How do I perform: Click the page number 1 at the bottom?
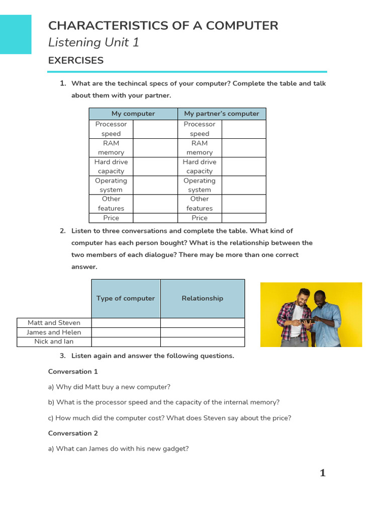click(x=323, y=473)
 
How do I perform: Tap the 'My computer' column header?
click(x=133, y=114)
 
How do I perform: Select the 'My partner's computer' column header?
click(x=222, y=114)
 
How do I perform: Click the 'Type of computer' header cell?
click(x=126, y=298)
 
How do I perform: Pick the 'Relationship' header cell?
click(x=202, y=298)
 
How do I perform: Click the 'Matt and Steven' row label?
click(x=54, y=323)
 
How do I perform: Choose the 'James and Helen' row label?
click(x=54, y=332)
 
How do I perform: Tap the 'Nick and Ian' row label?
click(x=54, y=341)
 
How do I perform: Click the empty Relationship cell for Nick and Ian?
click(x=202, y=341)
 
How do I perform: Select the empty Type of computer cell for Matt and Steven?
click(x=126, y=323)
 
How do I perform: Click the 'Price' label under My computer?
click(x=111, y=218)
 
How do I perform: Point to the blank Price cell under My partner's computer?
click(x=244, y=218)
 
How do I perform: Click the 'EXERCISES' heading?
click(x=76, y=60)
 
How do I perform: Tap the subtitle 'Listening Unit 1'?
click(x=93, y=43)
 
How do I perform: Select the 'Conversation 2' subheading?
click(x=73, y=433)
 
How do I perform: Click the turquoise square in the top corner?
click(x=16, y=34)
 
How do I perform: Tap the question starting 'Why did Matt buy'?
click(x=109, y=387)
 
